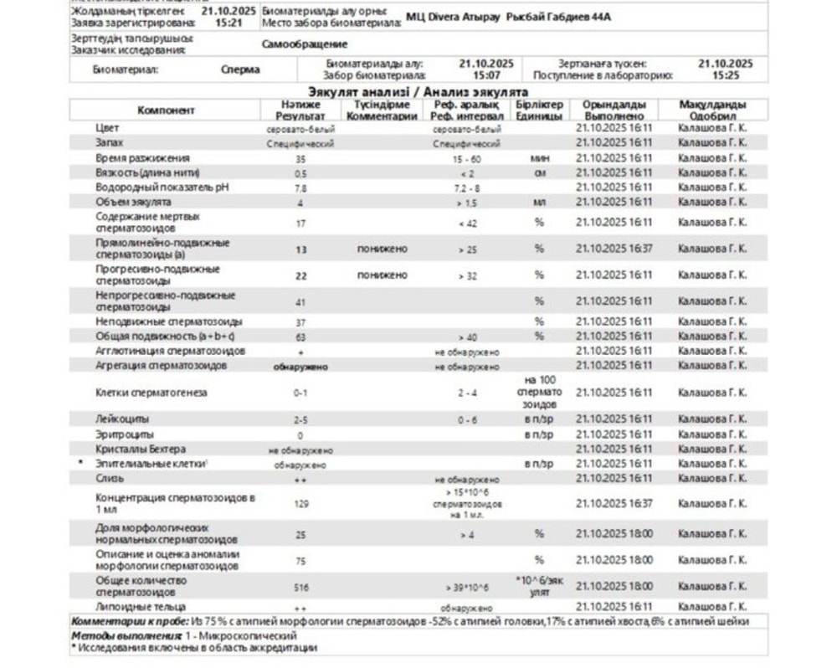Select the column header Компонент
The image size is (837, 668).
166,110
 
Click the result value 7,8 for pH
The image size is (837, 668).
300,188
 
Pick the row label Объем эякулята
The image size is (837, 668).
134,202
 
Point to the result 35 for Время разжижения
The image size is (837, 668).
300,158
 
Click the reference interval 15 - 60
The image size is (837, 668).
466,158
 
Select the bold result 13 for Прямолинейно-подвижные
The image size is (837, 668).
300,249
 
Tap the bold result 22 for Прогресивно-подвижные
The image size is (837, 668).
300,275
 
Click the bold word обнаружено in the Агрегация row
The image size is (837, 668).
300,367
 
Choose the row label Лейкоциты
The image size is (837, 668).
122,419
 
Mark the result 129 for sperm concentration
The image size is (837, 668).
300,504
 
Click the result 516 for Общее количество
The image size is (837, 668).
300,588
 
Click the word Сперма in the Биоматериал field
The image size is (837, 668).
239,70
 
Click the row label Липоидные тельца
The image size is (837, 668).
141,607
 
